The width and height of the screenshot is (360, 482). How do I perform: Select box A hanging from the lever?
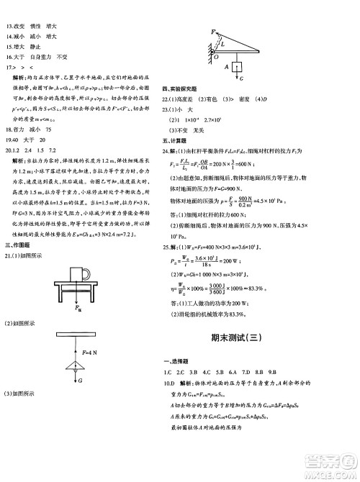point(230,68)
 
